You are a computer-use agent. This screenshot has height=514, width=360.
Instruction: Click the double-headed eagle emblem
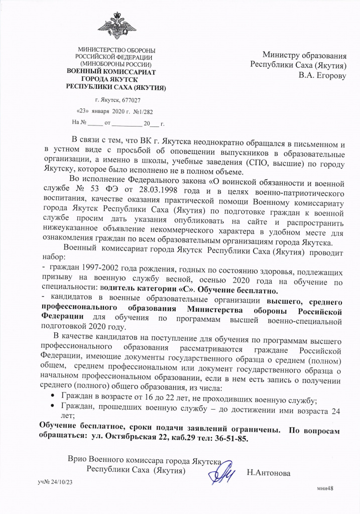116,28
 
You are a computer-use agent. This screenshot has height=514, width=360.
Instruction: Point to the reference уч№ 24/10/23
55,482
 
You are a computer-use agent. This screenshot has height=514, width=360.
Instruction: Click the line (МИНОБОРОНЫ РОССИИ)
116,65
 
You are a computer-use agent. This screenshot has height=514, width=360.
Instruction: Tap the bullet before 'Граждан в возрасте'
53,397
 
